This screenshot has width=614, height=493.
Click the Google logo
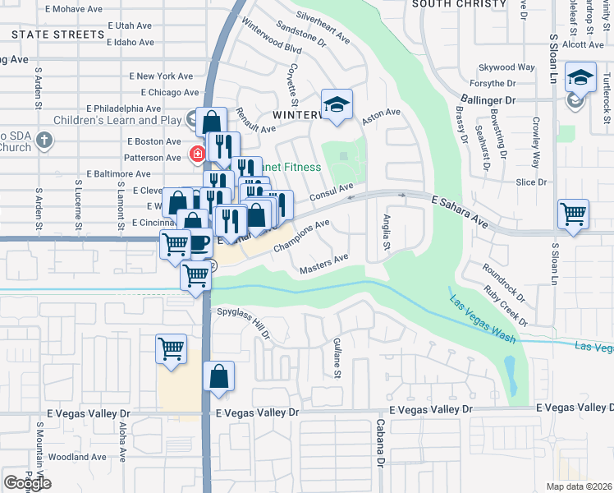pos(27,483)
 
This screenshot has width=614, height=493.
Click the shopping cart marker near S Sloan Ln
pos(573,214)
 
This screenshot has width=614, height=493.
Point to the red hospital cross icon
pos(197,154)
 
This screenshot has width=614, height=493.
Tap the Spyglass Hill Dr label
pos(243,322)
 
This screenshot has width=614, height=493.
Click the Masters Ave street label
pos(324,263)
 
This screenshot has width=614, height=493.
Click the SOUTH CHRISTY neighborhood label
pos(459,4)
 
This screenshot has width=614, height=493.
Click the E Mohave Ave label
pos(75,9)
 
